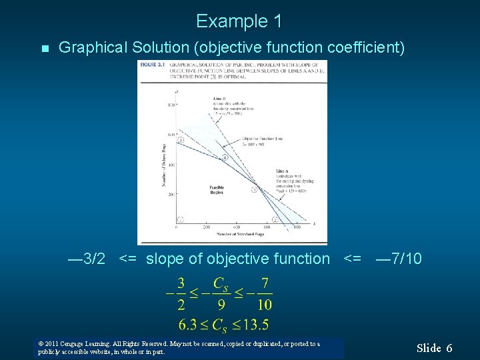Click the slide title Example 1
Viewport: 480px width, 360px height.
[x=239, y=21]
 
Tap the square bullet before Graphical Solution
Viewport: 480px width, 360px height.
[x=44, y=49]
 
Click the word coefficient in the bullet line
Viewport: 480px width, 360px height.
[x=361, y=48]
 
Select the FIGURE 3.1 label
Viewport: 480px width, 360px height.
[x=151, y=65]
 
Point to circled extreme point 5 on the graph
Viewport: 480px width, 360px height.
[x=181, y=140]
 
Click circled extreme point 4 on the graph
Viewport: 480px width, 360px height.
[x=225, y=157]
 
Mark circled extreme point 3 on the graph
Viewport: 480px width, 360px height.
[x=253, y=189]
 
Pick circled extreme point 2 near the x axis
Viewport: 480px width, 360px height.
[x=275, y=219]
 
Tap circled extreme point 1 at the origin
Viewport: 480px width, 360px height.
[x=181, y=219]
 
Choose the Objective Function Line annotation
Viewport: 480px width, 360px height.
[x=263, y=138]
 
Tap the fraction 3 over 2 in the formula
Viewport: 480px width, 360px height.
[x=181, y=294]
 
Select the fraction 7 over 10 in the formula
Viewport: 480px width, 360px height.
[x=265, y=294]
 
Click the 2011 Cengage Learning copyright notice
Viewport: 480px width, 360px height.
[x=180, y=347]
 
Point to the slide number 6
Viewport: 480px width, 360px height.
[x=449, y=348]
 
